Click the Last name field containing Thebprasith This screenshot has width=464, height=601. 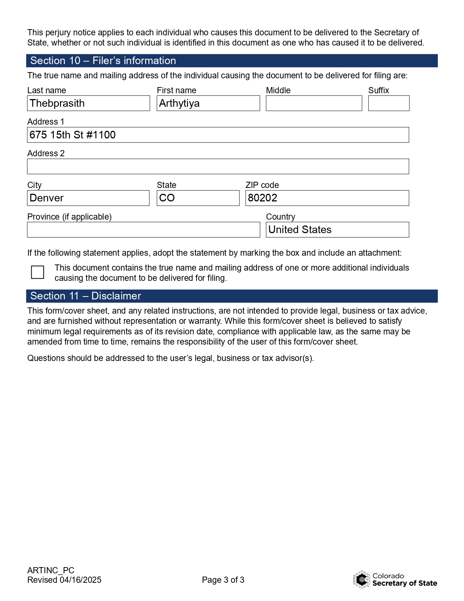88,103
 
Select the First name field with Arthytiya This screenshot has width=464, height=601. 208,103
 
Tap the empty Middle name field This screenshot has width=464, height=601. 314,103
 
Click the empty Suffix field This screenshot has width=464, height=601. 389,103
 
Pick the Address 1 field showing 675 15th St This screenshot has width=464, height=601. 218,135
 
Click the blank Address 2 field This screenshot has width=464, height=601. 218,166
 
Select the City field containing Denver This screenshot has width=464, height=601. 88,198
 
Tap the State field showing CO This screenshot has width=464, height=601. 198,198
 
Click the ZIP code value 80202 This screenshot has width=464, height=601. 262,198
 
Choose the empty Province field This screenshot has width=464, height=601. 143,230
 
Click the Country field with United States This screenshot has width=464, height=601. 337,230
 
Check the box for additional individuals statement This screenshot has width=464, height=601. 37,272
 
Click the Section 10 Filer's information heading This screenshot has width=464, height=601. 103,61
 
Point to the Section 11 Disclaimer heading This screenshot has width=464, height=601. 86,296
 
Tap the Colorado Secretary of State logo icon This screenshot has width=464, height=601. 362,579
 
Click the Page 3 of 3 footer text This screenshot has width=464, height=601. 223,580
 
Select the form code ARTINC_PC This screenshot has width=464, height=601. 51,570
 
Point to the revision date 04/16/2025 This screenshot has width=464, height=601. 80,580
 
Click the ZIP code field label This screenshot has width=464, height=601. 262,185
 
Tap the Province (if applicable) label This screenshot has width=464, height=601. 70,217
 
